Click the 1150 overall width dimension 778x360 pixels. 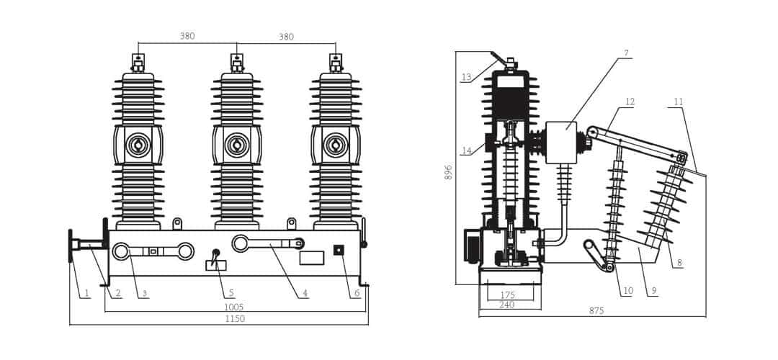(235, 319)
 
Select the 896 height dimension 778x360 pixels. (449, 172)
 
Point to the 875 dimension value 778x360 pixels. (596, 311)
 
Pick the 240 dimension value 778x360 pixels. (506, 305)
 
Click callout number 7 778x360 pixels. (626, 53)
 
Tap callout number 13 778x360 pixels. (466, 77)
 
